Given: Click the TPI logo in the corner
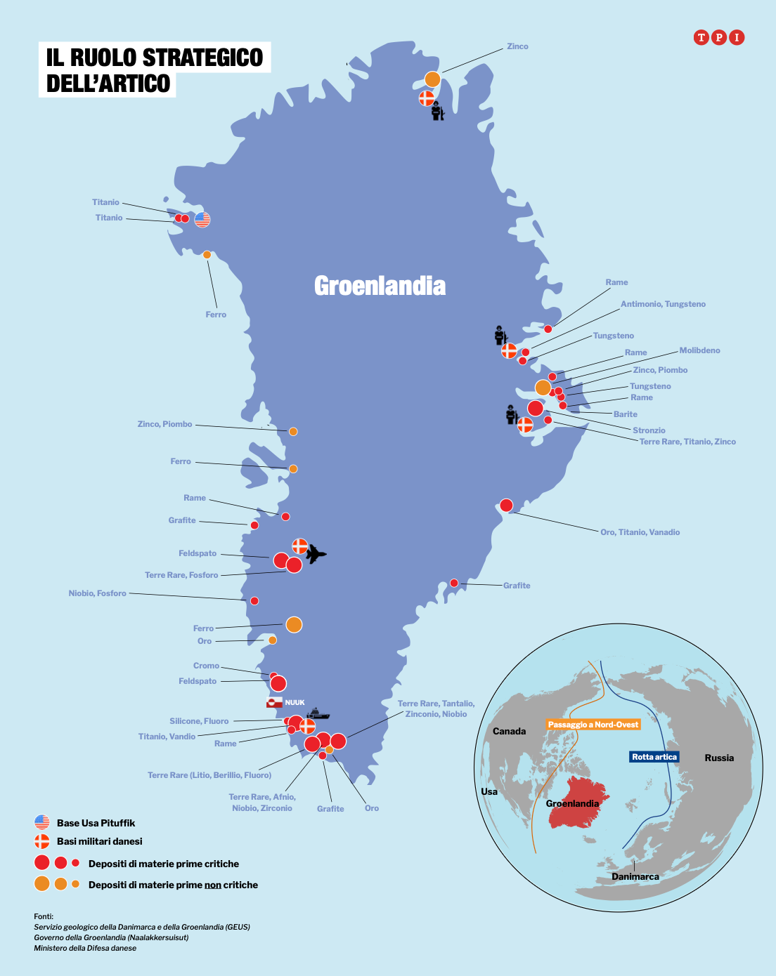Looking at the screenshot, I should click(718, 37).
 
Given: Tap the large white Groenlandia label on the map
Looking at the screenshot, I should click(380, 286).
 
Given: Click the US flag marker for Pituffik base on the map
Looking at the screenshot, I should click(202, 219).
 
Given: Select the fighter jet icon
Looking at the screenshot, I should click(316, 554).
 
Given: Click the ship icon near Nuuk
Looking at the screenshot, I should click(318, 713).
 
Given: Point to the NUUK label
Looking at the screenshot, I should click(295, 702).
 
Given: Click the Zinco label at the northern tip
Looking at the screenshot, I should click(517, 46).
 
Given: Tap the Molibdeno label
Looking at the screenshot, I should click(699, 350).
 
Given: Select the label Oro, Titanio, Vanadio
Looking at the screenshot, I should click(640, 532).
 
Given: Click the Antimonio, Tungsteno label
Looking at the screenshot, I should click(663, 304).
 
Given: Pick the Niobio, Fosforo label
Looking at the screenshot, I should click(98, 593).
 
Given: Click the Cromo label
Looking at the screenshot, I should click(206, 666).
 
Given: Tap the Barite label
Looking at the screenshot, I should click(625, 414).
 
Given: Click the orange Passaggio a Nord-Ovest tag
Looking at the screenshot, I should click(593, 725).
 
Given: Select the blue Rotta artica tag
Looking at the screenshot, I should click(654, 756).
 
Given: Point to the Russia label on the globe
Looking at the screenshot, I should click(719, 758).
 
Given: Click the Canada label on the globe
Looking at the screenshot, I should click(509, 731).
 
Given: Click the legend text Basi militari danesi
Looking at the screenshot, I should click(99, 841).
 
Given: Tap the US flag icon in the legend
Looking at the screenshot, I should click(42, 822).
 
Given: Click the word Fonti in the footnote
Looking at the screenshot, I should click(44, 916).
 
